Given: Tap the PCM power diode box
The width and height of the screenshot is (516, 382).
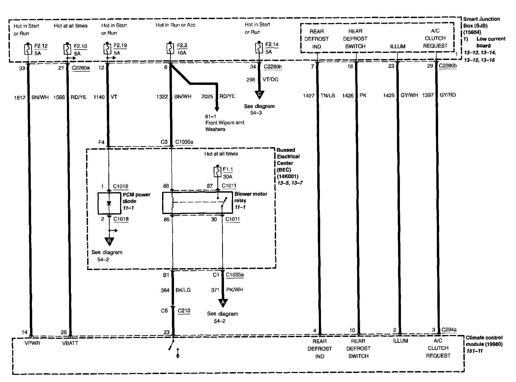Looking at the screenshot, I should point(109,203).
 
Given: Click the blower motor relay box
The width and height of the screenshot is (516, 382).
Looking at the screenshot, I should point(197,203).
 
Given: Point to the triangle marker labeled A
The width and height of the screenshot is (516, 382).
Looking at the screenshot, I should point(223,303).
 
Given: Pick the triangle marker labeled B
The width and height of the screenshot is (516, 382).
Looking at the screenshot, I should point(109,241).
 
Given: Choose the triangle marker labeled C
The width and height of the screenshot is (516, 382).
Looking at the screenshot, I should point(259,94).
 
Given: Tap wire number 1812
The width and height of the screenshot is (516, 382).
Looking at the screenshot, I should point(20,98).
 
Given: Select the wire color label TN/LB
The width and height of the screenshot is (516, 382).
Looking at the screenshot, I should point(328,95).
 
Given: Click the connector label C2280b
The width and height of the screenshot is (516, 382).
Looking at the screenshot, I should point(448,66).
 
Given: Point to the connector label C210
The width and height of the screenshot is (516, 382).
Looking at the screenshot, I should point(184,311).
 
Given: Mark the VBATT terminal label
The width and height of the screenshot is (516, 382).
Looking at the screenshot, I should point(70,343).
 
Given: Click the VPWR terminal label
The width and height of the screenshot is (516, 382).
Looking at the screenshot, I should point(32,343).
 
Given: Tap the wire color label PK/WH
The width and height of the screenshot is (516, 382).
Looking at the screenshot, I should point(234,290).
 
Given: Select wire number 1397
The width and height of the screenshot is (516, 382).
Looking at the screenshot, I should point(428,95).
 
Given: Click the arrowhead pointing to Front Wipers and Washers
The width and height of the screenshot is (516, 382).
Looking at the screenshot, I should point(217,109).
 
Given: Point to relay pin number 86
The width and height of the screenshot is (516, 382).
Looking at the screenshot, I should point(166,186).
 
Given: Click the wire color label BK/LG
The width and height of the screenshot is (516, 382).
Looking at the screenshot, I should point(183,290).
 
